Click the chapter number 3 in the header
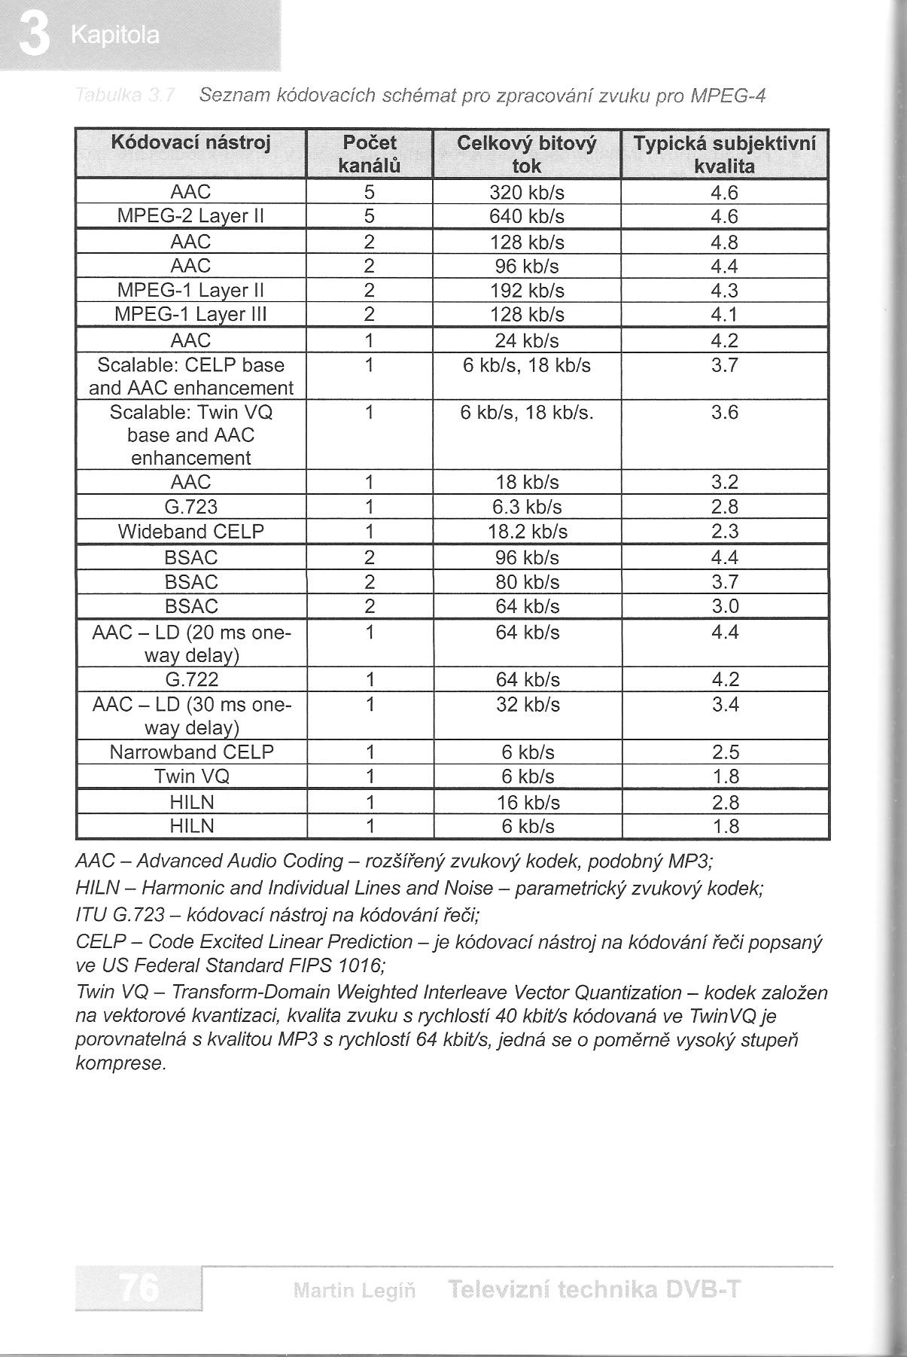pos(33,35)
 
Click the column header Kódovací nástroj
pos(190,142)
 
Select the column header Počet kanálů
pos(369,154)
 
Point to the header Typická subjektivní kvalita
pos(724,154)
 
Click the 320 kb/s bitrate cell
pos(527,193)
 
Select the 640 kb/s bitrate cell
pos(527,217)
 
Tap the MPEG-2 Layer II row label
pos(190,217)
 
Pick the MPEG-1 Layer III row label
pos(190,314)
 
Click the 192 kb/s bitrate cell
pos(527,291)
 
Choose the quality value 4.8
pos(724,242)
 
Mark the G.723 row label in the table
pos(190,507)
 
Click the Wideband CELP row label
pos(190,532)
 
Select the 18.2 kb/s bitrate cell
pos(527,532)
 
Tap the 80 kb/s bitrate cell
pos(527,582)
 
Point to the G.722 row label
pos(191,680)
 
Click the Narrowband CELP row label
pos(191,752)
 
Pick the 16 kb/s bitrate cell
pos(528,802)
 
